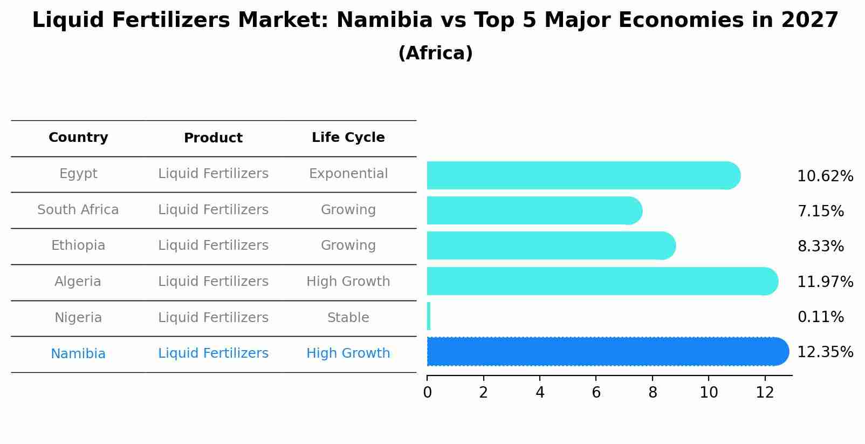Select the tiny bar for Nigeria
click(x=429, y=316)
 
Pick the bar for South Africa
click(x=534, y=210)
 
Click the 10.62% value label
click(x=825, y=176)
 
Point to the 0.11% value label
click(x=820, y=317)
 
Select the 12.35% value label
click(x=825, y=352)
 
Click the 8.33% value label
click(x=820, y=247)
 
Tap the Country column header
click(x=78, y=138)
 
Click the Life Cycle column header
click(x=348, y=138)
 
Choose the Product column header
click(x=213, y=138)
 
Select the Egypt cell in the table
click(x=78, y=174)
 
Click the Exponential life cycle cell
click(x=348, y=174)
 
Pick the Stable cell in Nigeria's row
click(x=348, y=318)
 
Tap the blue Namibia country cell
click(x=78, y=354)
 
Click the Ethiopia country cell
click(x=78, y=245)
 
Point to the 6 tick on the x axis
click(x=596, y=393)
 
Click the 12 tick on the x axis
click(x=765, y=393)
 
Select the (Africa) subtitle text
click(x=435, y=53)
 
